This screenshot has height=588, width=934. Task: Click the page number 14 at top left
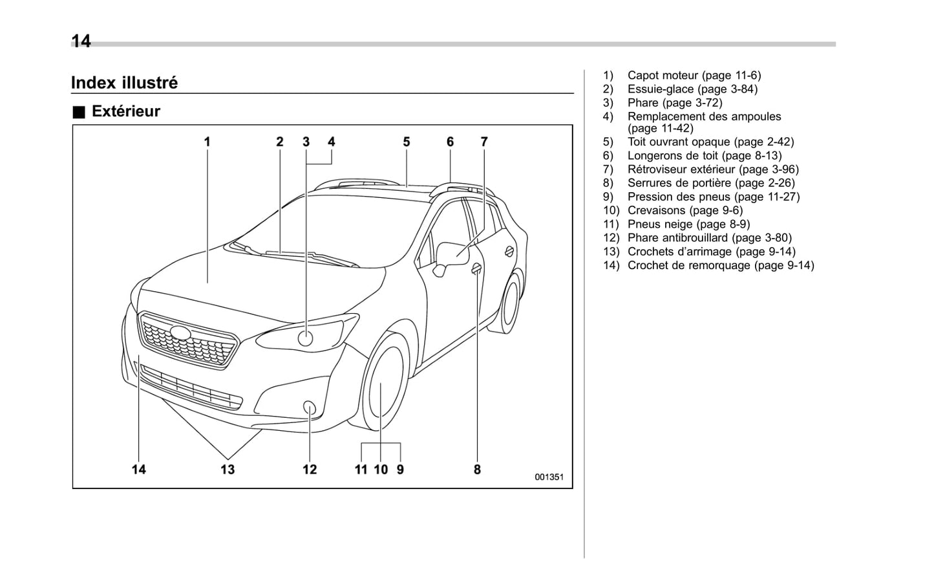pos(81,41)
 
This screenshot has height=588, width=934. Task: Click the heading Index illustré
pos(124,83)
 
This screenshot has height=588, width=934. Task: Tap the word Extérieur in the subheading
pos(125,111)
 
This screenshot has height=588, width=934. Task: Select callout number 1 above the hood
pos(207,142)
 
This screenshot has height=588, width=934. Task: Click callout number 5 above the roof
pos(407,142)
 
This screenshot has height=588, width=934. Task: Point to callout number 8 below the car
pos(477,470)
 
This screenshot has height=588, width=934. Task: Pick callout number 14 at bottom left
pos(139,470)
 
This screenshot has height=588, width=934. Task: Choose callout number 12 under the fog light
pos(310,470)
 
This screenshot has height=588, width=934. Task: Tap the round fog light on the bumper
pos(310,408)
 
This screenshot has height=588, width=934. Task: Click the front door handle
pos(476,268)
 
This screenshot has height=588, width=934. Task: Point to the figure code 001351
pos(549,477)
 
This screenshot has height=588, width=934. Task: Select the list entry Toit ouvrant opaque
pos(710,142)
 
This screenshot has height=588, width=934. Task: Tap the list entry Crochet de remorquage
pos(720,265)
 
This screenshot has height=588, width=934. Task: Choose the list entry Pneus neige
pos(688,224)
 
